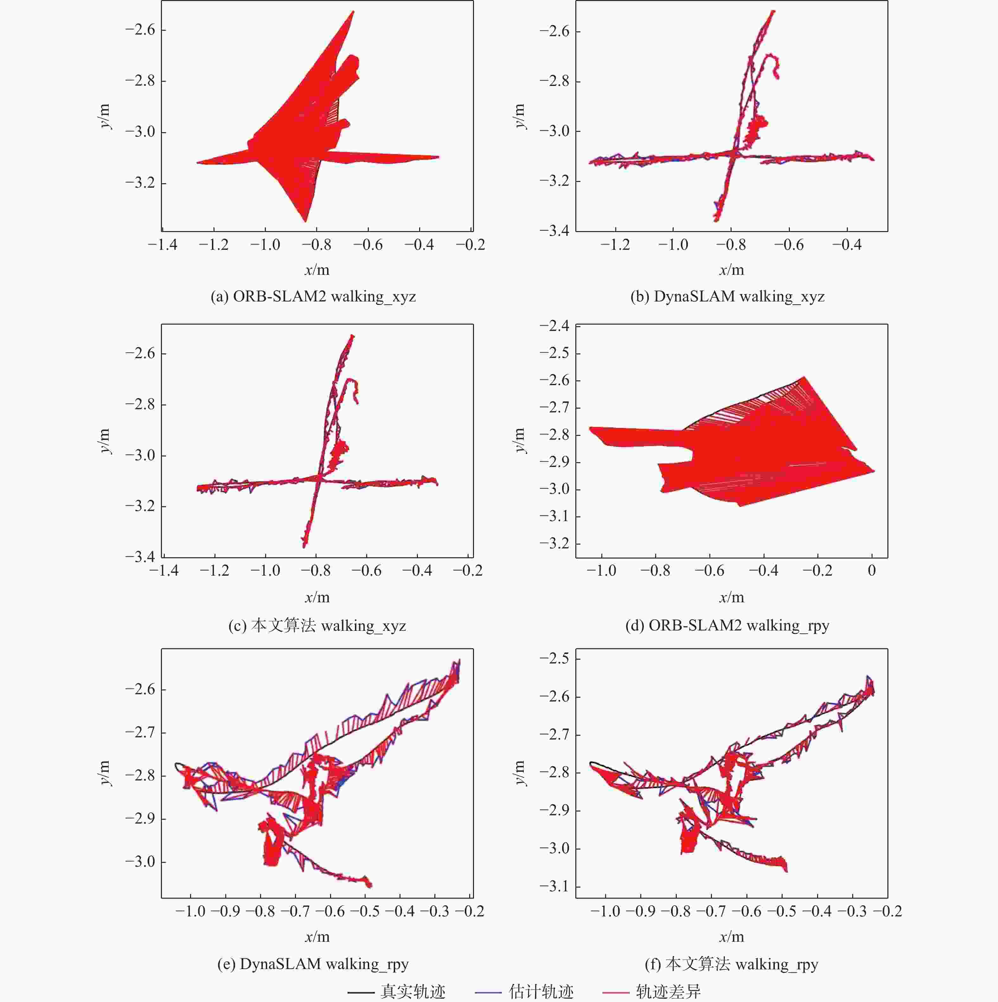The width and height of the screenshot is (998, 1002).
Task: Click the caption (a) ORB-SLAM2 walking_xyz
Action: click(x=313, y=297)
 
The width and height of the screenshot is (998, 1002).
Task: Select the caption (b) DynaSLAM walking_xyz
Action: click(x=727, y=297)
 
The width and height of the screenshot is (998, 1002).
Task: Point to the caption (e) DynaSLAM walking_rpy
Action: click(x=313, y=964)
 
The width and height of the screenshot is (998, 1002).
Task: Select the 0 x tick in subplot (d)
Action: click(x=872, y=571)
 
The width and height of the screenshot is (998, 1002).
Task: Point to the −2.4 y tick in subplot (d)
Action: click(x=554, y=326)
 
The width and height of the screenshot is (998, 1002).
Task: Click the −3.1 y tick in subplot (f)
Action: click(x=554, y=886)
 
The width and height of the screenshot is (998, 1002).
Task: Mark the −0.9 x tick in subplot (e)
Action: click(x=226, y=911)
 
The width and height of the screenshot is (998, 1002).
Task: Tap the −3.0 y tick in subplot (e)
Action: click(x=140, y=862)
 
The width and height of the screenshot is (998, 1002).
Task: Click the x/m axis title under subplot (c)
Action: click(x=317, y=598)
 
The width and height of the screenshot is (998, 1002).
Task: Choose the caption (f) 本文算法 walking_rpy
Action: click(x=731, y=964)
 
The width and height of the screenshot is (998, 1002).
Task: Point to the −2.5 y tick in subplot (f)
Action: click(x=554, y=659)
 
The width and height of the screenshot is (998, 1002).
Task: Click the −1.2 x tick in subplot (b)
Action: click(x=615, y=245)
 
